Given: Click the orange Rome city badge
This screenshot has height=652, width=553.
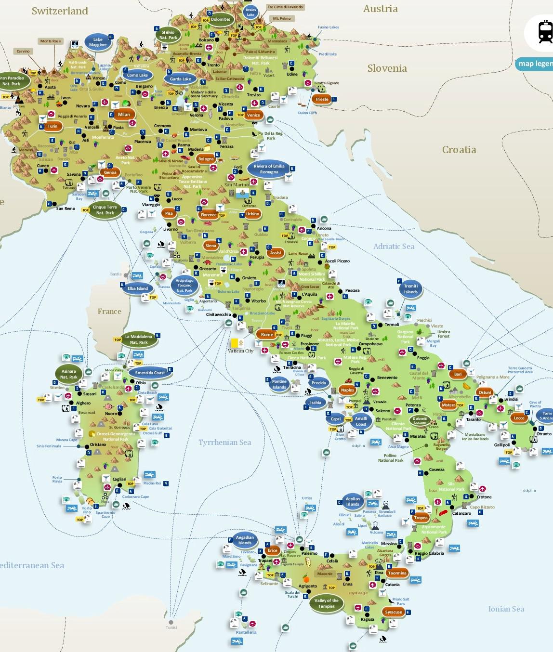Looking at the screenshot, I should tap(267, 334).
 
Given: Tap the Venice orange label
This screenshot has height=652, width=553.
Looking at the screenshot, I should tap(253, 115).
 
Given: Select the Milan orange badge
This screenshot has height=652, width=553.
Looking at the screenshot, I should tap(124, 114).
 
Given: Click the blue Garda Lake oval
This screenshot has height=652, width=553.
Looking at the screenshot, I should tap(180, 79).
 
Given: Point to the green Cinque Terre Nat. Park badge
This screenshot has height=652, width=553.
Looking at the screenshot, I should tap(105, 210).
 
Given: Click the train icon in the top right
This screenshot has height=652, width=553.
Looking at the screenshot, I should tap(545, 33).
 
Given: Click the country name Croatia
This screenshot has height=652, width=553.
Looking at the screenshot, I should tap(459, 150).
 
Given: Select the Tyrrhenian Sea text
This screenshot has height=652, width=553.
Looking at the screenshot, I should tap(224, 442).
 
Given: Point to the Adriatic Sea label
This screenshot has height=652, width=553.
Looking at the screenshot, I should tap(394, 246).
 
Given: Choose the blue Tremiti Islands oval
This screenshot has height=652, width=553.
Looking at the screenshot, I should tap(410, 289).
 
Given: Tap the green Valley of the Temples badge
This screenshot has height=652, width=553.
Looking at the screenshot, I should tap(326, 603).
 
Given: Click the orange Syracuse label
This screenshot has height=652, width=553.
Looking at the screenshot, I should tap(393, 612).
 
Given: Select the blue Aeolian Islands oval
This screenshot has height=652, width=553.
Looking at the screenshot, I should tap(353, 502).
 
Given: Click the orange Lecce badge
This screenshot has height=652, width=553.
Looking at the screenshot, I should tap(519, 418).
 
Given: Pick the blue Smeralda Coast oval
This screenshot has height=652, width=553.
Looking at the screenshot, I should tap(150, 373).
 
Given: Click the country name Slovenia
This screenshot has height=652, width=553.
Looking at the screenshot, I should tap(387, 68).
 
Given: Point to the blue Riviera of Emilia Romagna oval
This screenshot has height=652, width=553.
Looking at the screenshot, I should tap(269, 169).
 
